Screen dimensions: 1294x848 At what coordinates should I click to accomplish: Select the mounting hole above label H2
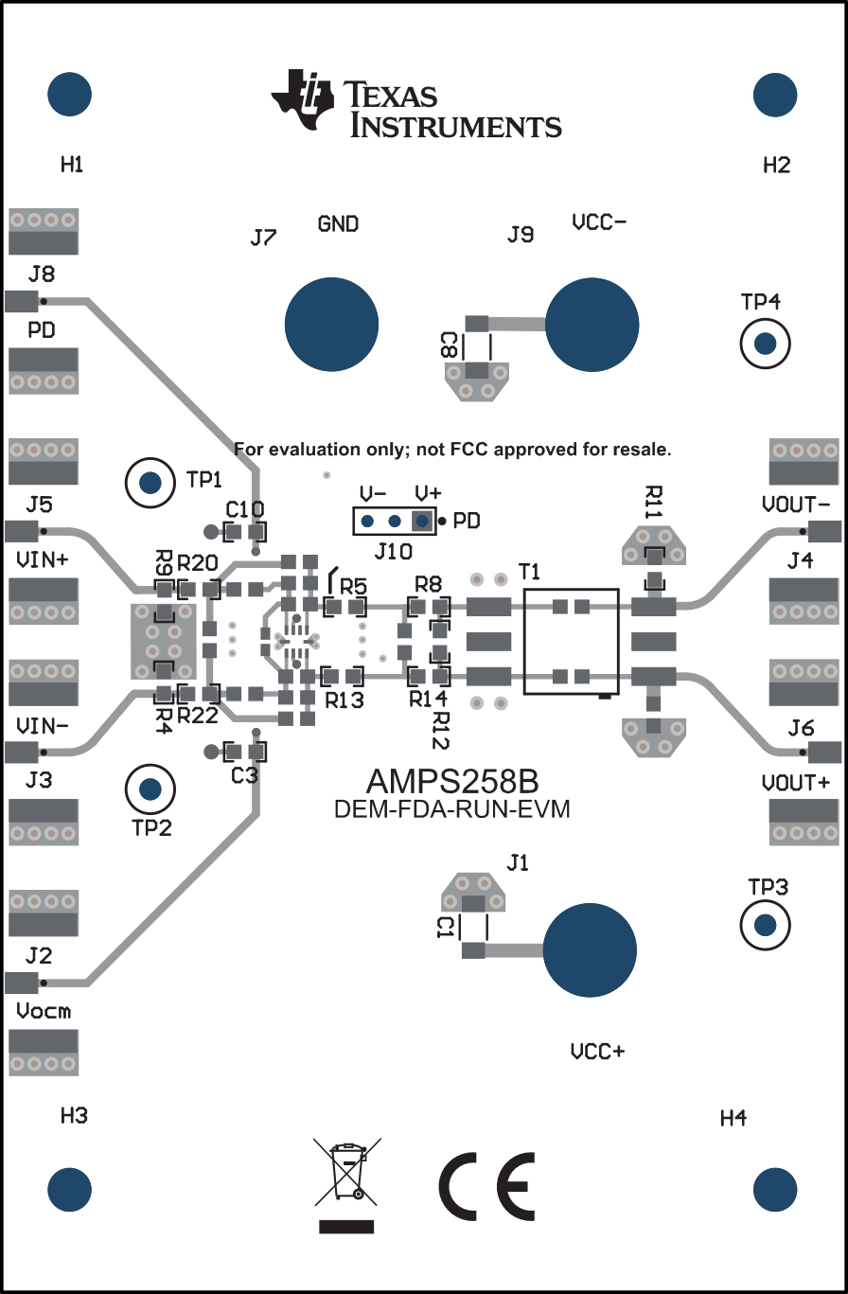click(776, 95)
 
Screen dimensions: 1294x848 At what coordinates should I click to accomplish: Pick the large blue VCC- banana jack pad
click(592, 324)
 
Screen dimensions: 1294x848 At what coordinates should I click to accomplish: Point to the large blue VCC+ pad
click(592, 949)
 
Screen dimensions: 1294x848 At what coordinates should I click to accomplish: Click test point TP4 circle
click(766, 344)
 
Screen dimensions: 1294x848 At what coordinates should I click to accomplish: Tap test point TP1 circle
click(150, 484)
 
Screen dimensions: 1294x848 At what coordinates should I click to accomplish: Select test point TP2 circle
click(150, 789)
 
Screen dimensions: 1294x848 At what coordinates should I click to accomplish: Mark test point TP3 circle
click(765, 924)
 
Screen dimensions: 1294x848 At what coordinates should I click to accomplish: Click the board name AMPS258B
click(452, 783)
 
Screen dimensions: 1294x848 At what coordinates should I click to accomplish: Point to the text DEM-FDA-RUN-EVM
click(451, 810)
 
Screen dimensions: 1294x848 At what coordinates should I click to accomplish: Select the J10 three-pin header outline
click(394, 522)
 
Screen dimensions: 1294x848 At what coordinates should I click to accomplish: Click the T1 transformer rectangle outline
click(571, 642)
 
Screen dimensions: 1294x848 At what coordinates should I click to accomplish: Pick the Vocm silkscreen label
click(44, 1011)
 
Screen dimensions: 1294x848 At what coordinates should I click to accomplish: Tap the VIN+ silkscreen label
click(43, 559)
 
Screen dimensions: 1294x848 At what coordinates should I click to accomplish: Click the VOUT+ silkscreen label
click(795, 783)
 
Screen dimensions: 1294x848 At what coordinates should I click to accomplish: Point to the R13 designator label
click(344, 700)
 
